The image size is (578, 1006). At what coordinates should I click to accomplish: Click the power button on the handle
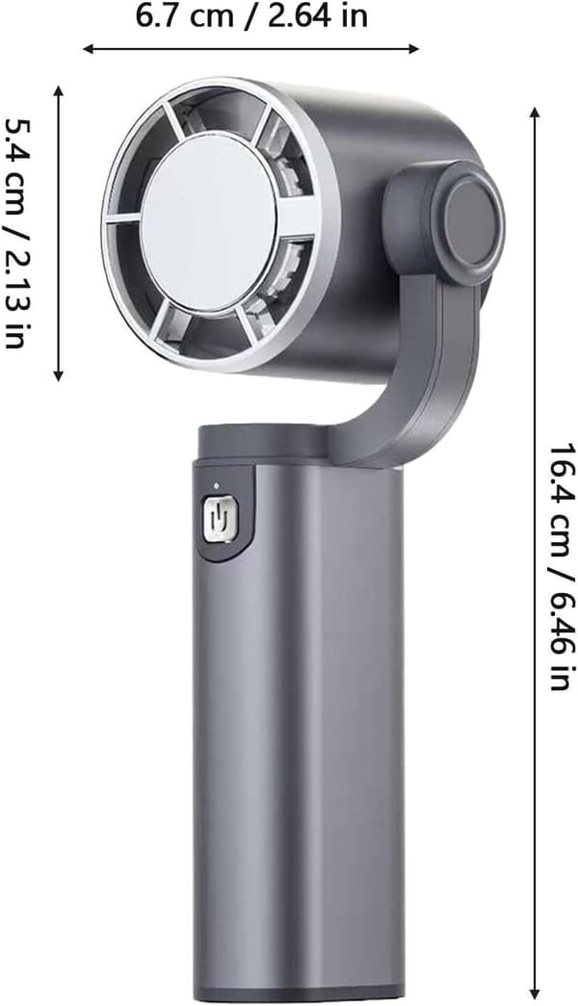(x=217, y=517)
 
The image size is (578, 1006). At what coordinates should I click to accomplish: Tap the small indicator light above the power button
(x=217, y=486)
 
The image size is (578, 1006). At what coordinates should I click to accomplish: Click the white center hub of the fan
(x=209, y=223)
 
